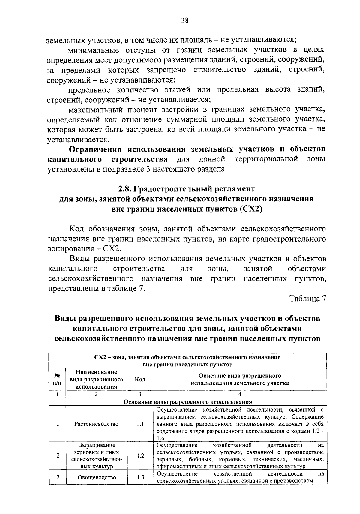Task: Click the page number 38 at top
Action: click(185, 20)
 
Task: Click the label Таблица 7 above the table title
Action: click(307, 299)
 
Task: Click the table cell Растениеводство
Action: click(96, 424)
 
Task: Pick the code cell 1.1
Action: click(140, 424)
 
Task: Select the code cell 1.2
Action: click(140, 456)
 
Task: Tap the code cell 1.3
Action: click(140, 477)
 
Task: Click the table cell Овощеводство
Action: click(97, 477)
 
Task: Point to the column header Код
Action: click(140, 379)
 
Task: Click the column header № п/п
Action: click(57, 379)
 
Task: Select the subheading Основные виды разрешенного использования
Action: click(188, 402)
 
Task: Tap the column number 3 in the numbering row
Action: click(140, 394)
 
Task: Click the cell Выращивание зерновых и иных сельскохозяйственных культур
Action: click(96, 456)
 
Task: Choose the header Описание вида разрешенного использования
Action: click(240, 379)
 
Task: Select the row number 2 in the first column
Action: click(57, 456)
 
